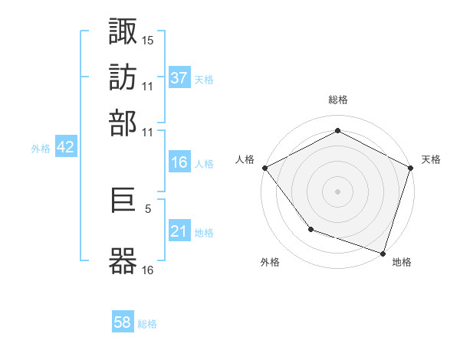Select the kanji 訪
pos(123,77)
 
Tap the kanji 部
pos(123,123)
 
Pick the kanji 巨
pos(123,205)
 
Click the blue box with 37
pos(179,77)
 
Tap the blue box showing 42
pos(65,148)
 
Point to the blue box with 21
pos(179,231)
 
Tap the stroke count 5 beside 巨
pos(148,207)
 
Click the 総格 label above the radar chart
pos(337,100)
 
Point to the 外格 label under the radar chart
pos(270,263)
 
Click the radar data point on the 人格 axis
pos(264,167)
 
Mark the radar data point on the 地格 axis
pos(383,253)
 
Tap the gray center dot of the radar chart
pos(337,191)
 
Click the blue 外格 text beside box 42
pos(40,149)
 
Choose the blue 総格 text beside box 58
pos(147,324)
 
